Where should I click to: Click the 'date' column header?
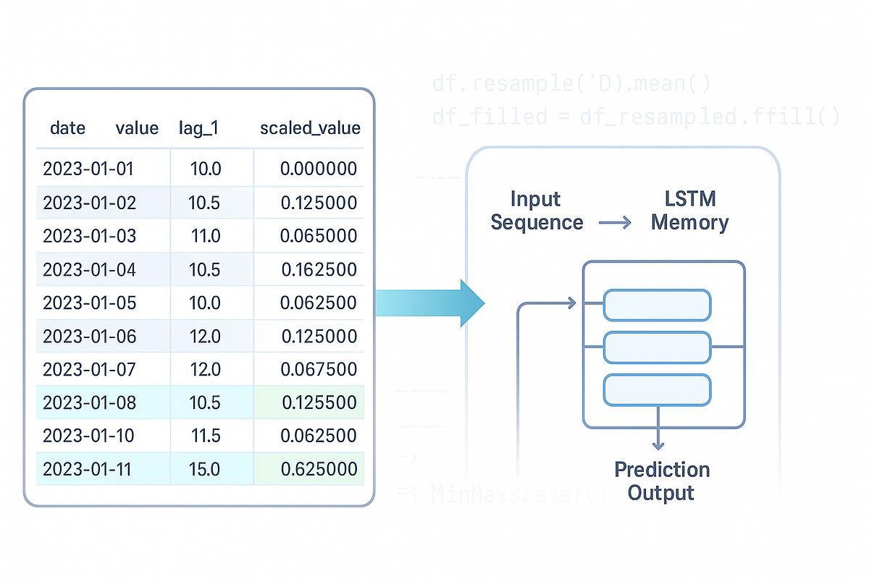[67, 128]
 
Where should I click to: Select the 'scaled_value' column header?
[310, 128]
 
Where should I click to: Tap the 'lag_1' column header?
[198, 128]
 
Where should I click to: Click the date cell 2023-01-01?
[88, 169]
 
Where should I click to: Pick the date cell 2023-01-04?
[89, 269]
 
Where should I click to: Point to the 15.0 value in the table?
[204, 469]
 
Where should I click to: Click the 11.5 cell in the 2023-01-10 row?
[204, 436]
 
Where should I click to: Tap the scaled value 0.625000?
[319, 469]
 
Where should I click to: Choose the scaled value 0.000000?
[319, 169]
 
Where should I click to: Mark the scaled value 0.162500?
[319, 269]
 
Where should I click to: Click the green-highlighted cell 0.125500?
[319, 402]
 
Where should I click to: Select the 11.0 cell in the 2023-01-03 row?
[204, 236]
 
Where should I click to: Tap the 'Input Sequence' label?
[537, 211]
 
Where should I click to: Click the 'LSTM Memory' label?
[689, 211]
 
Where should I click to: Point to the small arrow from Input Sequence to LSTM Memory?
[615, 224]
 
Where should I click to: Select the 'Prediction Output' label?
[661, 481]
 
